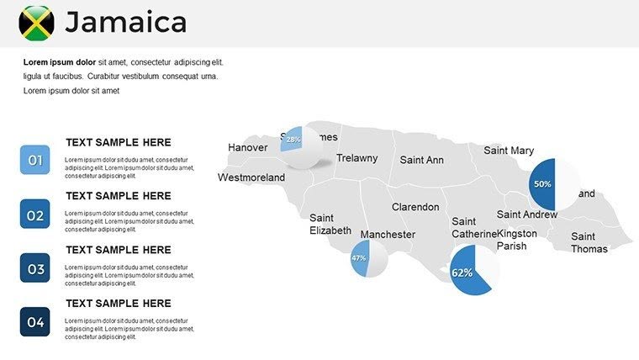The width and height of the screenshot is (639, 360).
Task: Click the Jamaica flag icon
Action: pos(37,23)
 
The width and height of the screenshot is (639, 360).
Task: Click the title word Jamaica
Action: pos(125,23)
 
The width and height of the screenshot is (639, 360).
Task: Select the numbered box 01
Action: pos(35,160)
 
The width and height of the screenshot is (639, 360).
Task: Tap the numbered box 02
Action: pos(35,214)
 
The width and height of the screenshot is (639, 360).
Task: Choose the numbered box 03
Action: pos(35,268)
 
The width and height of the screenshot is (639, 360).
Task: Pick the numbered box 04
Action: pos(35,321)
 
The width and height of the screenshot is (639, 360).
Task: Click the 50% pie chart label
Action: pos(542,183)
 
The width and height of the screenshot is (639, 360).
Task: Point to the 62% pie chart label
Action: pos(462,273)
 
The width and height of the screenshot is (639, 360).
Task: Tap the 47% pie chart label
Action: pos(359,258)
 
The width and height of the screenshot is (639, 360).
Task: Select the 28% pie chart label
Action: pos(293,140)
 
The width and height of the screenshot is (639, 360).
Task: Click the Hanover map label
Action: pos(247,148)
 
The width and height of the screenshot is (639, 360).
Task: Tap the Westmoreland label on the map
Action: pos(251,177)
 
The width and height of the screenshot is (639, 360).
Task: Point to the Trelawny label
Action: pos(357,158)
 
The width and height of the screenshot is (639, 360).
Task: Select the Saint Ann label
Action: pos(421,160)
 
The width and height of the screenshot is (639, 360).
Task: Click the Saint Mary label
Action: pos(509,151)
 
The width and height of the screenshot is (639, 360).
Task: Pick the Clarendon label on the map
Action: pos(415,207)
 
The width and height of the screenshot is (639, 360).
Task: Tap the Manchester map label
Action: pos(388,235)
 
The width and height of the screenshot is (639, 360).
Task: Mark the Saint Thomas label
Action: pos(589,242)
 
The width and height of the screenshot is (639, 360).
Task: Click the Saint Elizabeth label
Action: pos(330,224)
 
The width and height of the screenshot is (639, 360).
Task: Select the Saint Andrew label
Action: pos(527,214)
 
